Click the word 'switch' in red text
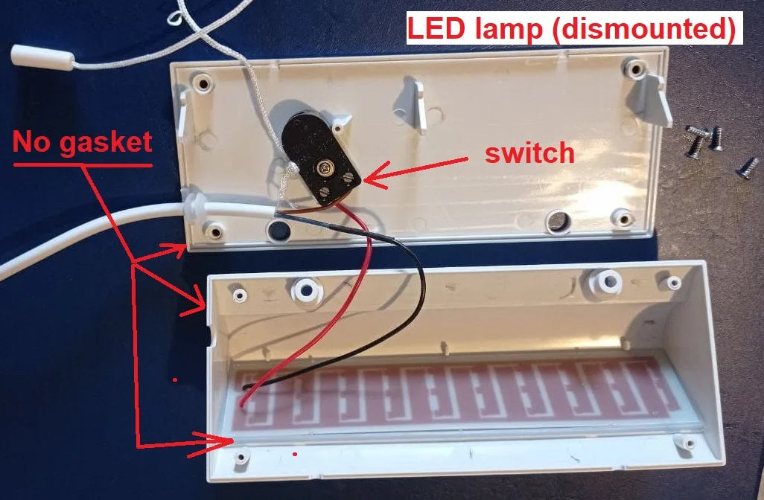[529, 153]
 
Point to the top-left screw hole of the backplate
[200, 82]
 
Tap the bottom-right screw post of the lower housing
[681, 443]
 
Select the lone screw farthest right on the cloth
[745, 168]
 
